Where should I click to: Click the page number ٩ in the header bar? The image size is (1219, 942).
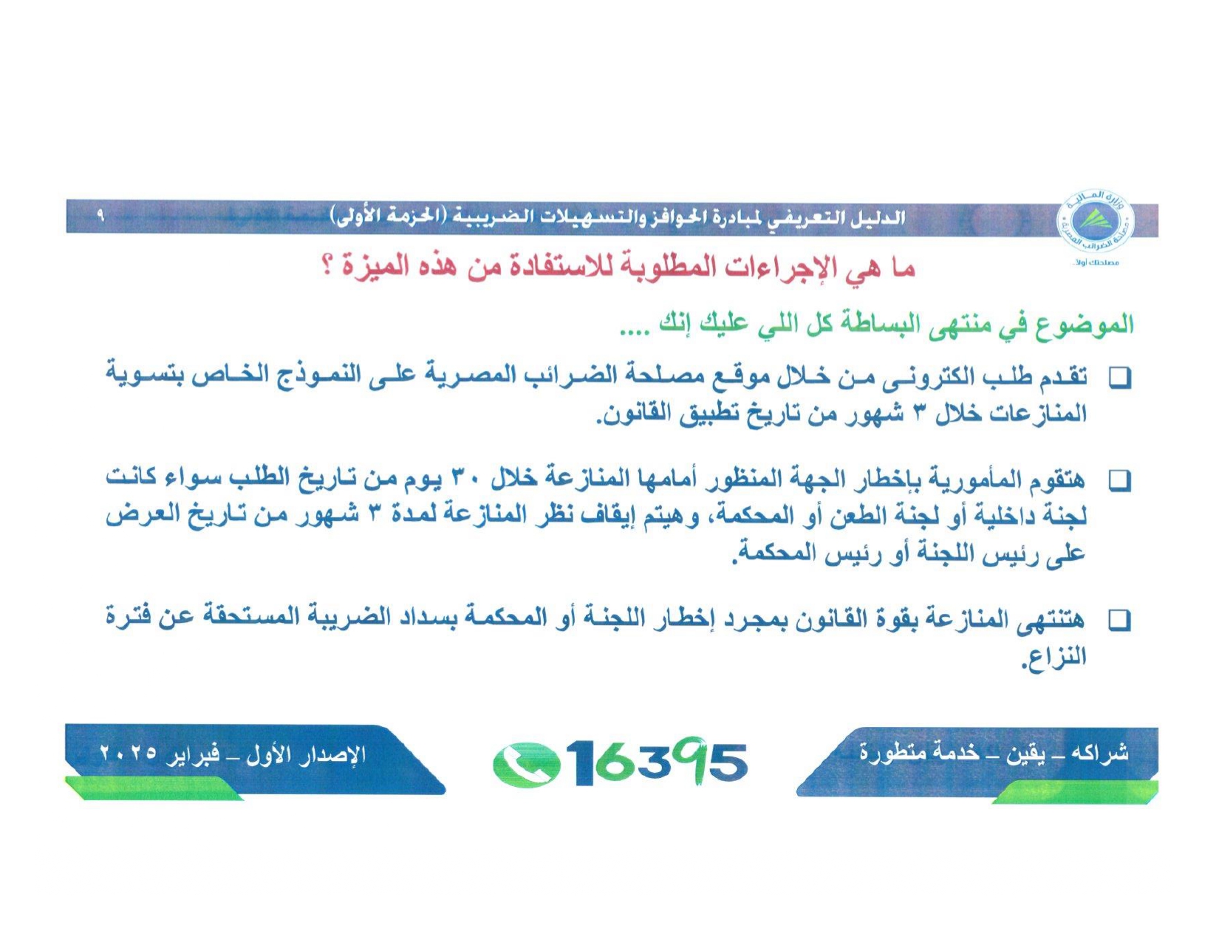point(101,215)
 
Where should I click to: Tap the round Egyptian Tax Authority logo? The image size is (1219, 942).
point(1093,220)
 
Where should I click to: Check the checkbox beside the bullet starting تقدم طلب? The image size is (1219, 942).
point(1119,379)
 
